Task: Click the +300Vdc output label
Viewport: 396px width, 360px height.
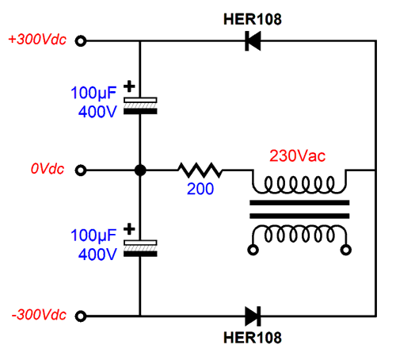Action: [37, 40]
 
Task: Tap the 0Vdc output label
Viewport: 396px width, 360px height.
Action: [48, 169]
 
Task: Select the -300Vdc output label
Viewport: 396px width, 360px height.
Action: [39, 315]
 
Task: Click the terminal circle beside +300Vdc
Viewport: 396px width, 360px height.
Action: [81, 41]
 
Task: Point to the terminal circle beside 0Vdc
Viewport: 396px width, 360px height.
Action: [81, 170]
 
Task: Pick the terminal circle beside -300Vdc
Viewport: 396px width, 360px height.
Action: [81, 316]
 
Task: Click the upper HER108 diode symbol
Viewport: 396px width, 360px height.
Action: [253, 41]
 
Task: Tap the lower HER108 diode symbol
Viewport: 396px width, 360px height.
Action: [253, 316]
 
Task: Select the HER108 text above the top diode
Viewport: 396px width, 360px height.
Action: [253, 19]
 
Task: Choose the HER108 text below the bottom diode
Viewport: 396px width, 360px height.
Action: [253, 338]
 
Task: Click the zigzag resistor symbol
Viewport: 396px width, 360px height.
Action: [200, 170]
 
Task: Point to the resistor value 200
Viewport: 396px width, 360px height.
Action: [200, 189]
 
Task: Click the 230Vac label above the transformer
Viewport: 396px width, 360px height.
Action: [298, 155]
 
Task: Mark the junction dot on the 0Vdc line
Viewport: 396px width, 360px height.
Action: [140, 170]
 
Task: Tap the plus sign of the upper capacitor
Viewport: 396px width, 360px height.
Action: [129, 86]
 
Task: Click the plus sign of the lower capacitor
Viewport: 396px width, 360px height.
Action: [129, 229]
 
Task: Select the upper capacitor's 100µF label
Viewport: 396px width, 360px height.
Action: [93, 93]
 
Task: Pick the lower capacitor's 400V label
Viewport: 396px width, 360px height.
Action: [97, 255]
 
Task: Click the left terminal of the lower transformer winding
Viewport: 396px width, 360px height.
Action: [253, 250]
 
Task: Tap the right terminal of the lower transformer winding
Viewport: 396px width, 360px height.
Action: [346, 250]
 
